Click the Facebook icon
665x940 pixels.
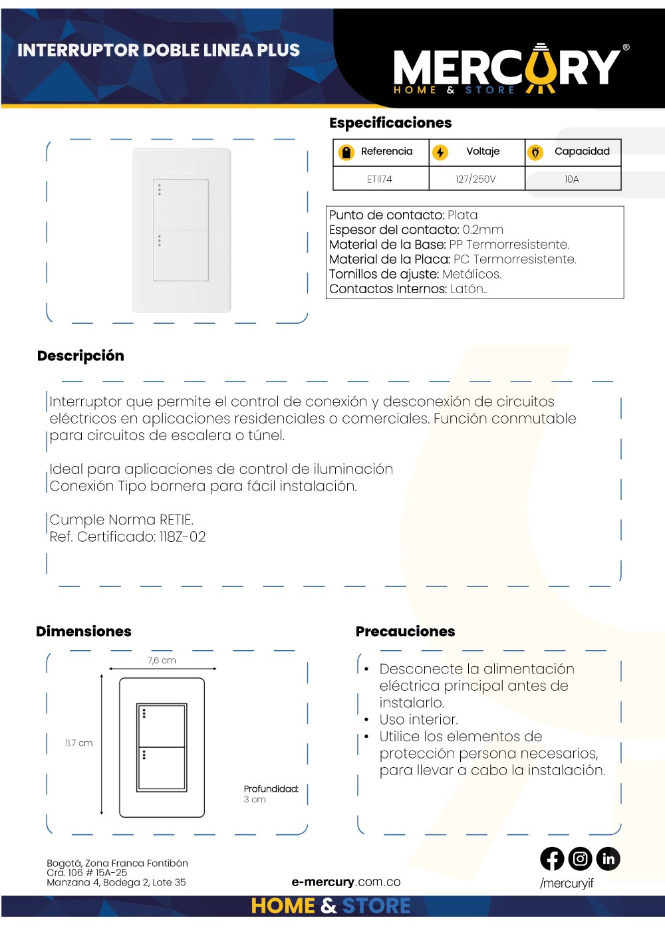552,859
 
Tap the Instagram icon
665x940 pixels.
580,859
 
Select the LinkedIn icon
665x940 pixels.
608,859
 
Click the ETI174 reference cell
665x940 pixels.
380,179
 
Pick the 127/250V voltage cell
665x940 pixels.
475,179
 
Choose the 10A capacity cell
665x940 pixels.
572,179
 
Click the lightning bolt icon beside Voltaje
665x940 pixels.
440,152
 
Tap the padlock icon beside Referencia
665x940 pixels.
346,152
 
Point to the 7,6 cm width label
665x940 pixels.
162,660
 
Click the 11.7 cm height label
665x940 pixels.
78,743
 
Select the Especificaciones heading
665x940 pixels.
390,123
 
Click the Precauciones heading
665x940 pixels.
405,632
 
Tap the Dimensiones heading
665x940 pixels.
84,632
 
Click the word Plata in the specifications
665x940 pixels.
462,215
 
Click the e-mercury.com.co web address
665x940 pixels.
346,882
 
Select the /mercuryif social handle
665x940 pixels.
567,883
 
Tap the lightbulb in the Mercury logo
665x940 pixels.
541,66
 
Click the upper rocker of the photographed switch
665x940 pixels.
181,205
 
